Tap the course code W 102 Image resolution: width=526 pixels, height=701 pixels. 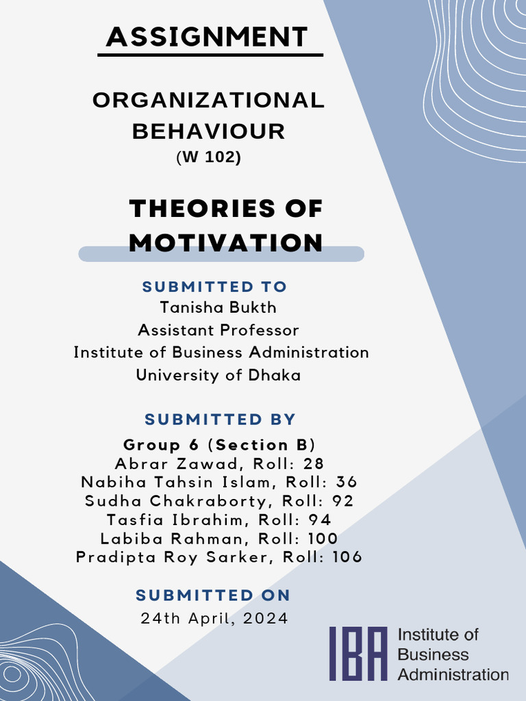(x=210, y=157)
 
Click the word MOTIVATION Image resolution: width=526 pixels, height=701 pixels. (x=225, y=242)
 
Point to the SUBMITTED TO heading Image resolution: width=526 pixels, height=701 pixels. (x=214, y=286)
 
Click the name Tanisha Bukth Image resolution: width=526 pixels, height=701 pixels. (x=218, y=307)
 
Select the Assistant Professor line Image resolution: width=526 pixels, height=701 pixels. (x=218, y=330)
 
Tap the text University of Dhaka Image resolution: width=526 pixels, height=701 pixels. (x=218, y=375)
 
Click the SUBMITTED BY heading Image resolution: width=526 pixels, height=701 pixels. (x=220, y=419)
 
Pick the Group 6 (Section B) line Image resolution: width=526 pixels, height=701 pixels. (x=219, y=444)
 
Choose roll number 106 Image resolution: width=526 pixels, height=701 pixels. (x=347, y=557)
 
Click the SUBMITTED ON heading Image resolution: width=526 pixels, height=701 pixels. (x=213, y=595)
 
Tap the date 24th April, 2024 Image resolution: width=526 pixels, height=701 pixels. (x=214, y=618)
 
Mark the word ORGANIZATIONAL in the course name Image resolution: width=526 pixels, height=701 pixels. (x=208, y=101)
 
